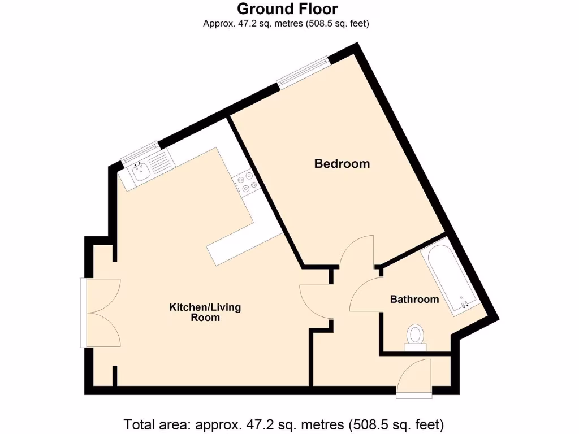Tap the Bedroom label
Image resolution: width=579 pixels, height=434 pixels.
(x=342, y=164)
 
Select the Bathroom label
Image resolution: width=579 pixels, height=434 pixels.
(x=414, y=300)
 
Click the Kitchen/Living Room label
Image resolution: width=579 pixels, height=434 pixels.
(x=205, y=312)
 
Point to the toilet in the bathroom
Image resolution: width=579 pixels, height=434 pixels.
(x=416, y=336)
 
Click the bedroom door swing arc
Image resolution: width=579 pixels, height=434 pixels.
(x=357, y=251)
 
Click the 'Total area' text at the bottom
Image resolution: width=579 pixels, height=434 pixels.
(x=283, y=424)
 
